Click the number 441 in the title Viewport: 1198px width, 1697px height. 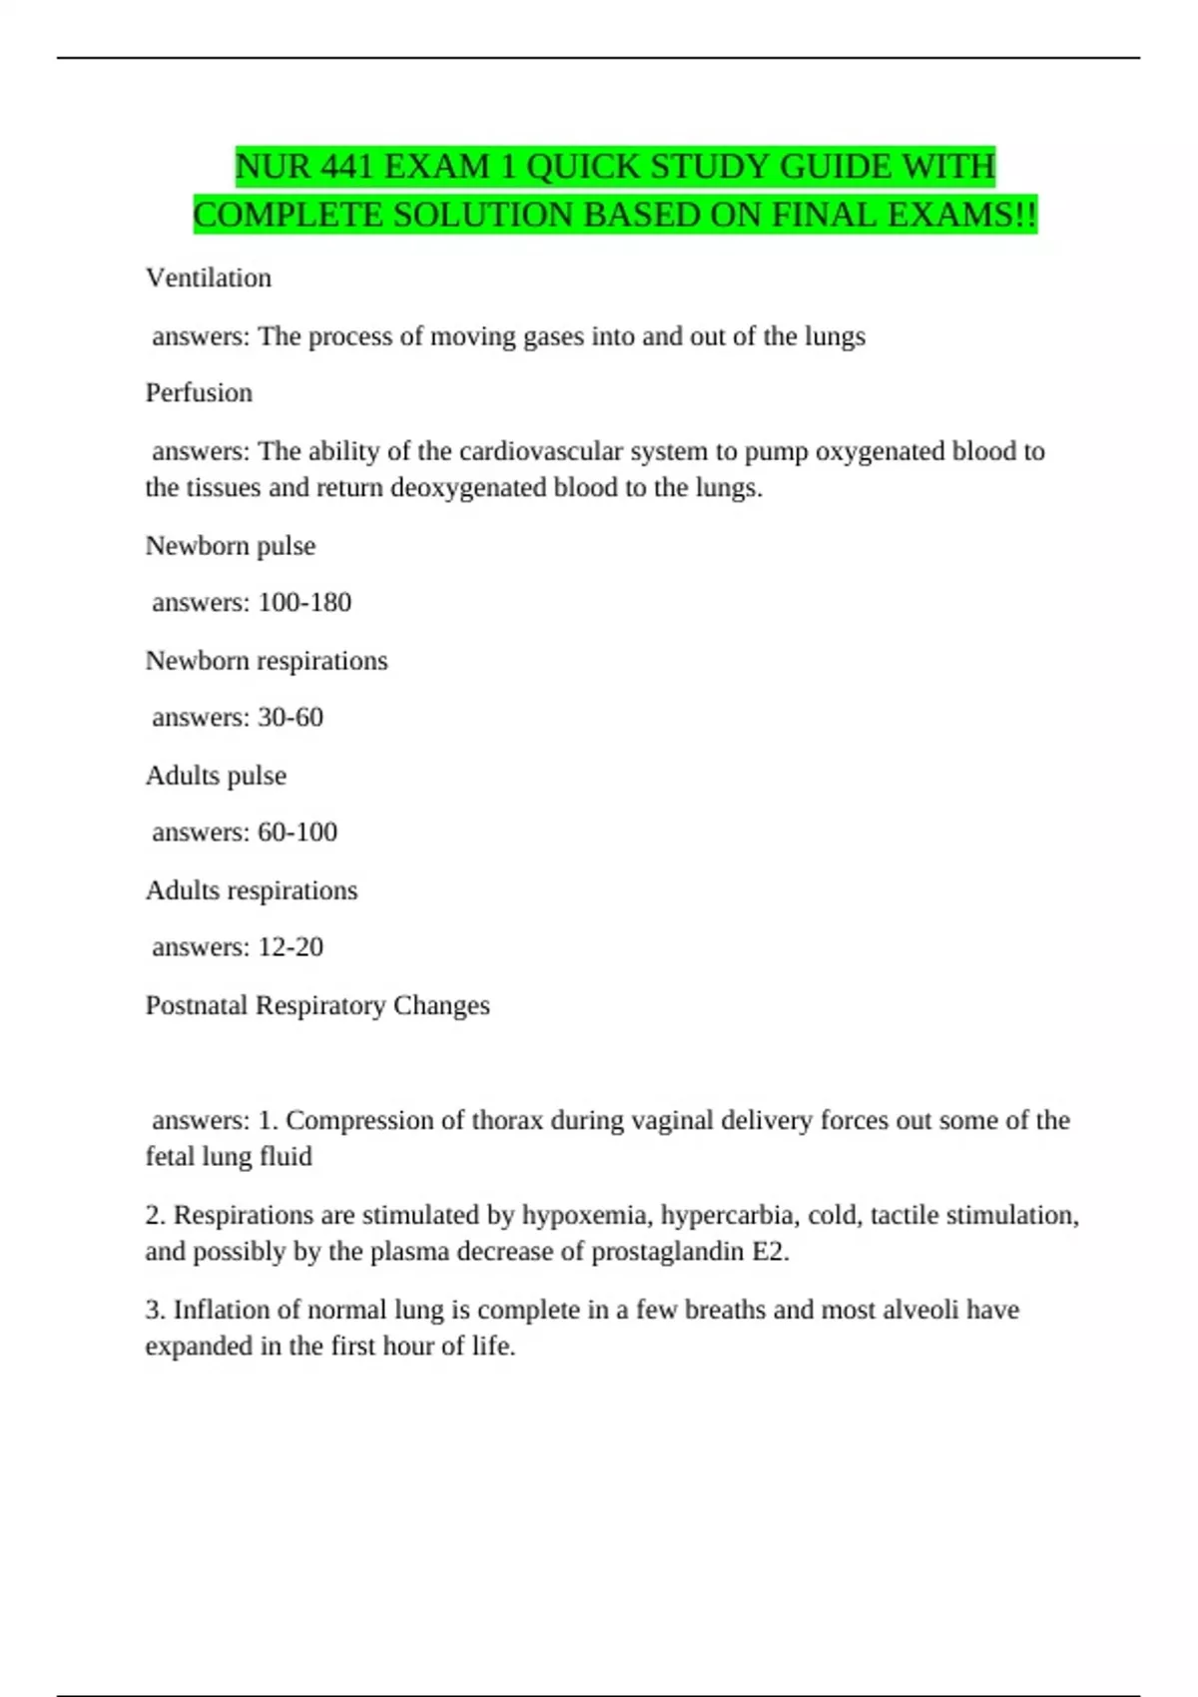[x=346, y=167]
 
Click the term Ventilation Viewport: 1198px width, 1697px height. [x=209, y=278]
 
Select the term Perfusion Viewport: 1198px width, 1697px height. [x=199, y=392]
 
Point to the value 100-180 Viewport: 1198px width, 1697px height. [x=304, y=602]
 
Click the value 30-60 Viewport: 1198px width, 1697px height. [x=291, y=717]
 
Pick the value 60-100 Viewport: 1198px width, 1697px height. [x=298, y=832]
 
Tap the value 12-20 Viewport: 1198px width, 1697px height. [x=291, y=946]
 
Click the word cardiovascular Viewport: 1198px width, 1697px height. [x=541, y=451]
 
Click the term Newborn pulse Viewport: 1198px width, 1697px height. [x=231, y=545]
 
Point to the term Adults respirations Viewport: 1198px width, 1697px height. [x=252, y=889]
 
